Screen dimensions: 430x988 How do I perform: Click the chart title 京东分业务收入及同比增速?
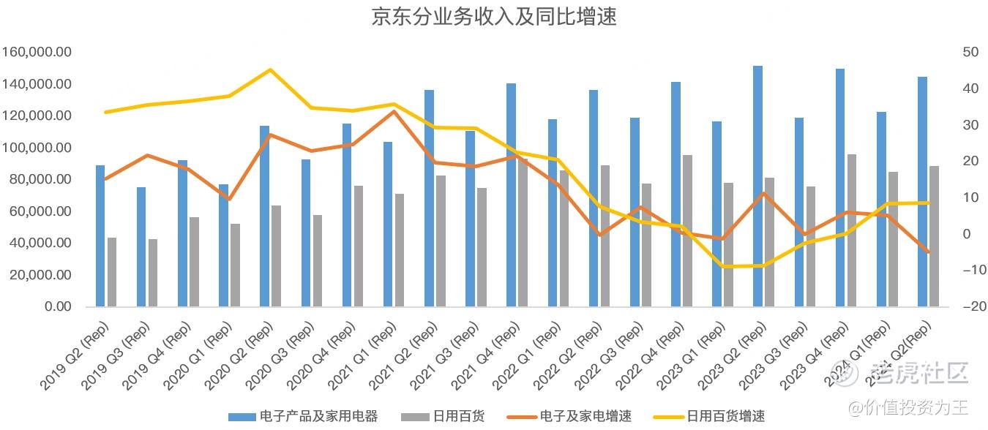pyautogui.click(x=494, y=17)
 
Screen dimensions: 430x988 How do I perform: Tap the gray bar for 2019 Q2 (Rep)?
pyautogui.click(x=112, y=272)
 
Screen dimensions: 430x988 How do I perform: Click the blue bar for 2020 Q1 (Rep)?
pyautogui.click(x=223, y=246)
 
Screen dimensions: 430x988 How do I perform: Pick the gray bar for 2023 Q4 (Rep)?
pyautogui.click(x=852, y=230)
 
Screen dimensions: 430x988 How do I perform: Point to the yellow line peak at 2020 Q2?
pyautogui.click(x=270, y=70)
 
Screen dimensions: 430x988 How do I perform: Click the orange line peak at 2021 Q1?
pyautogui.click(x=394, y=111)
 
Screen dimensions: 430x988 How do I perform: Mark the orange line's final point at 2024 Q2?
pyautogui.click(x=928, y=252)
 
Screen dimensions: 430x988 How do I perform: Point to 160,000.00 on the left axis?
pyautogui.click(x=37, y=53)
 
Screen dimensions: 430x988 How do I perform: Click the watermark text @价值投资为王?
pyautogui.click(x=907, y=405)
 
